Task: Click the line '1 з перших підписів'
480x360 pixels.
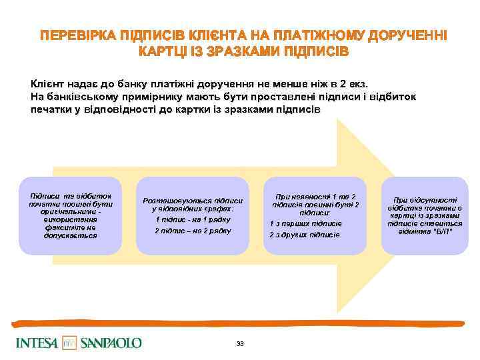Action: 306,223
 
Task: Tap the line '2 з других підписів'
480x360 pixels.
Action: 305,235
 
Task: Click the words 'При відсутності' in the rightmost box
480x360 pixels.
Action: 425,199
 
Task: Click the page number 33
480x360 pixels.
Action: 240,343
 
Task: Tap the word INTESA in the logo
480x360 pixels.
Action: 36,343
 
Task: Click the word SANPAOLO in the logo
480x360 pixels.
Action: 111,343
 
